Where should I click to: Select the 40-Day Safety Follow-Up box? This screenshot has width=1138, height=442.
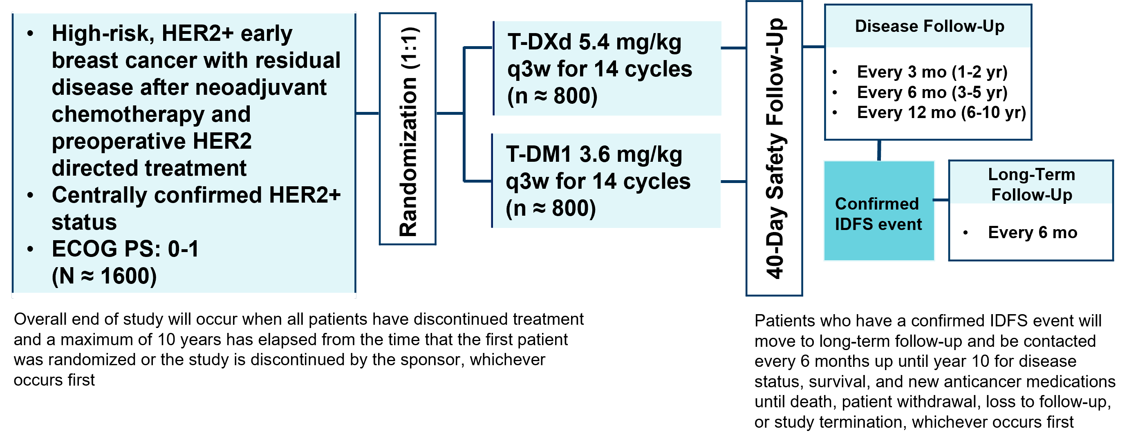(x=774, y=148)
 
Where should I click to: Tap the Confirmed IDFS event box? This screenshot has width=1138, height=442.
(x=879, y=211)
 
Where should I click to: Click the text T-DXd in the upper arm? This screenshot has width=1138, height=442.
(x=540, y=42)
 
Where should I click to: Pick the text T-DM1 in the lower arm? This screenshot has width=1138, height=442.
(x=539, y=154)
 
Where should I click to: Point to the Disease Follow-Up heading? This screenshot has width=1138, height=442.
(x=930, y=26)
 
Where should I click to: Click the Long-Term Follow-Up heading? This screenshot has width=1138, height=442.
(x=1032, y=185)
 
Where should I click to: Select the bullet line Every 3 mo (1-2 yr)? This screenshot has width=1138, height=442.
(x=932, y=72)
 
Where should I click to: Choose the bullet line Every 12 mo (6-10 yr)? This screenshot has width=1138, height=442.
(x=941, y=113)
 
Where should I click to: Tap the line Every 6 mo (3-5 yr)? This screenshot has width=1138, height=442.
(x=932, y=92)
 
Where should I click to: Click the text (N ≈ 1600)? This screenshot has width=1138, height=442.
(x=104, y=277)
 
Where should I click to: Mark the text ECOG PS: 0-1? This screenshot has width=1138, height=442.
(x=125, y=249)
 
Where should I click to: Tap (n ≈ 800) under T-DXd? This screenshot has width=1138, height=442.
(x=552, y=96)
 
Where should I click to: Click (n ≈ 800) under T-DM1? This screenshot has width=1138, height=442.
(x=551, y=208)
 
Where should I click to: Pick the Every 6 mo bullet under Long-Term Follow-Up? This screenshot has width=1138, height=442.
(x=1033, y=232)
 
